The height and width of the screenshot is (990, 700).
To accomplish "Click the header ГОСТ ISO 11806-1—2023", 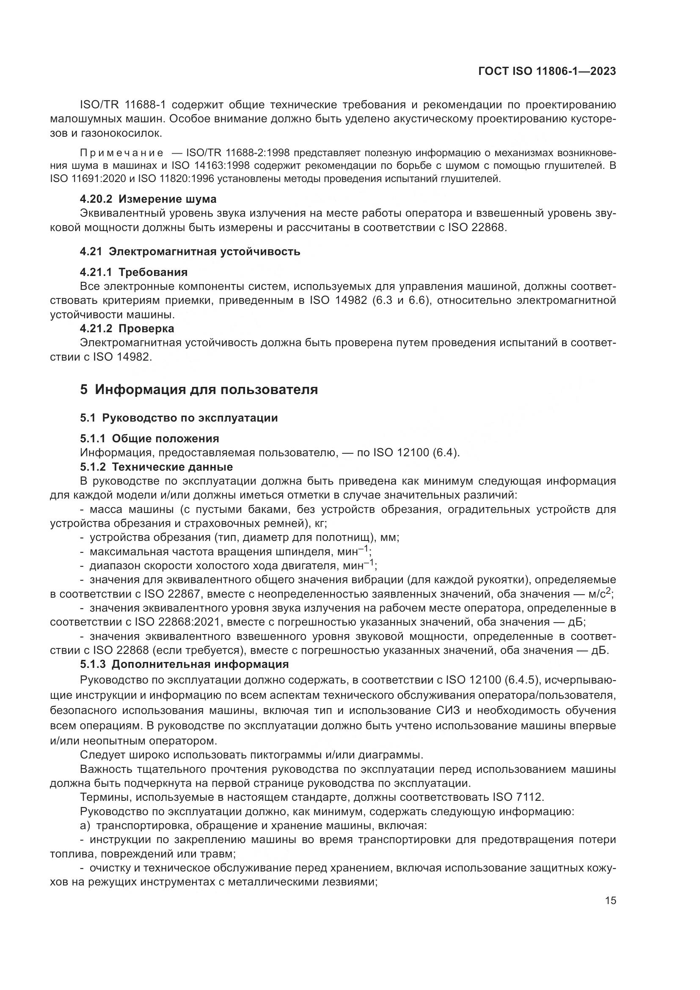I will (x=547, y=72).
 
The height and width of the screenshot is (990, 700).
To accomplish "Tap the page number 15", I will (x=610, y=900).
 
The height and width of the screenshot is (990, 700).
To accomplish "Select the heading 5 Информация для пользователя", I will (x=199, y=390).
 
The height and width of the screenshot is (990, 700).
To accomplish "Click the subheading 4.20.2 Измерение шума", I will (x=148, y=199).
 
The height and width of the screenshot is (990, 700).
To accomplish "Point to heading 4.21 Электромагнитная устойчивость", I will (x=190, y=251).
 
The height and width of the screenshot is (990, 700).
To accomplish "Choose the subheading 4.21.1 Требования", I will (x=134, y=272).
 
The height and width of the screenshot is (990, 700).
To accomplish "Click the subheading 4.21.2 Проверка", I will (x=127, y=328).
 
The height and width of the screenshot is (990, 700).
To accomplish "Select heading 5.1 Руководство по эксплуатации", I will (x=179, y=418).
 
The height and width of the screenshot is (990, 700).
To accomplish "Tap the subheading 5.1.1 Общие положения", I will (x=149, y=438).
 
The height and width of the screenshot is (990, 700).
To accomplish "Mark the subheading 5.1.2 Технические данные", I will (x=156, y=467).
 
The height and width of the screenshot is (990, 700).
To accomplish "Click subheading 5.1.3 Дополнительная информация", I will (x=184, y=665).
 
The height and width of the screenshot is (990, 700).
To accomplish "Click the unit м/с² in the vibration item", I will (x=600, y=594).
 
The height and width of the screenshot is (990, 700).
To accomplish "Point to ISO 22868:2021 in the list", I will (x=179, y=622).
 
